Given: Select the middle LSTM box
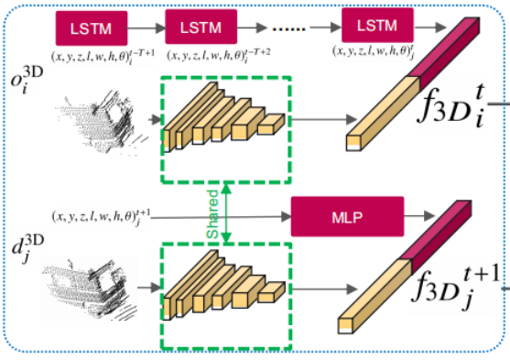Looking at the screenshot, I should point(201,27).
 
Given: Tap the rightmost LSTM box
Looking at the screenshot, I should point(376,24).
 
